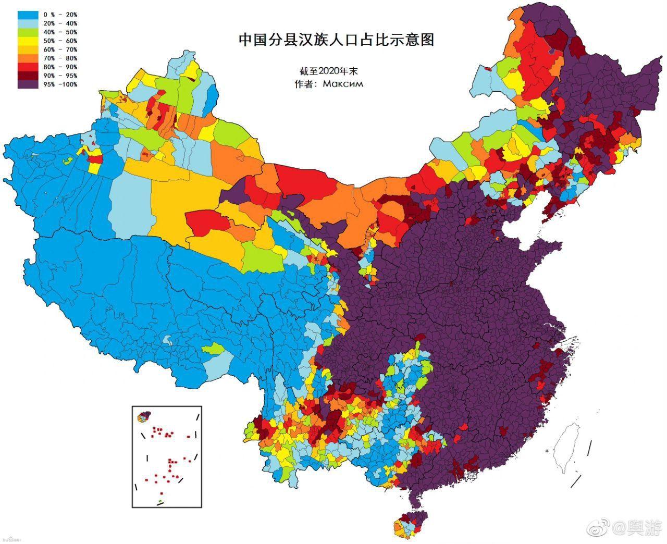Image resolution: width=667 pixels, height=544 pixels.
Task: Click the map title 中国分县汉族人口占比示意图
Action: tap(336, 40)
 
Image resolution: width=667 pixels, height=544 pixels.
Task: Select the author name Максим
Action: tap(343, 83)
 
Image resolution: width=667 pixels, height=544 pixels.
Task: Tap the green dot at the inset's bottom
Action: tap(160, 501)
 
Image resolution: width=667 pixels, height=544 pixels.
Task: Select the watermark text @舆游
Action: tap(639, 529)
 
